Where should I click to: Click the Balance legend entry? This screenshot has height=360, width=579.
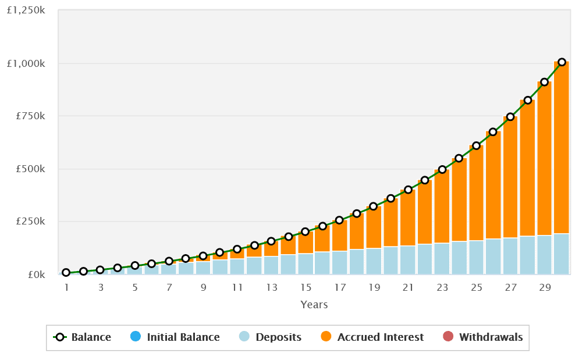click(x=82, y=337)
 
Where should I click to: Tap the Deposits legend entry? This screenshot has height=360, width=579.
click(x=271, y=337)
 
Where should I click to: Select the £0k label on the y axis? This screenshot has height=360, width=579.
click(x=35, y=275)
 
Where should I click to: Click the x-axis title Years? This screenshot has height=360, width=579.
click(x=314, y=305)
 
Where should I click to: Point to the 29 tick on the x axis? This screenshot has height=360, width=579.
click(x=545, y=288)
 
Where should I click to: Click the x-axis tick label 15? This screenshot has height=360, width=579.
click(x=306, y=288)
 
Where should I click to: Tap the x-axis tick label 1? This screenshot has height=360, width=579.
click(x=66, y=288)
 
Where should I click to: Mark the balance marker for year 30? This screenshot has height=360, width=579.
click(x=562, y=62)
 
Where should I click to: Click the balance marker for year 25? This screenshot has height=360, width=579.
click(x=476, y=145)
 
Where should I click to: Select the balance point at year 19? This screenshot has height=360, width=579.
click(x=374, y=206)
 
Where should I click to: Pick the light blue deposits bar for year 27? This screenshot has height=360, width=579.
click(x=510, y=256)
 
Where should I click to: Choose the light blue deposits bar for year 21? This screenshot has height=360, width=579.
click(x=408, y=260)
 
